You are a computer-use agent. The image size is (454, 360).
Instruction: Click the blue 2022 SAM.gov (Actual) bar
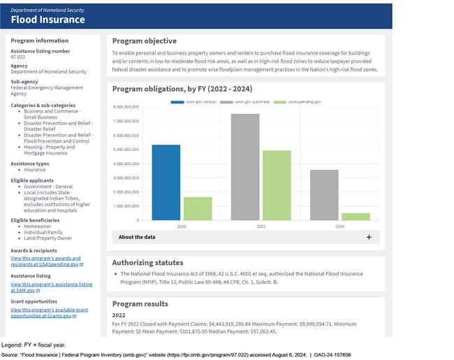coord(166,182)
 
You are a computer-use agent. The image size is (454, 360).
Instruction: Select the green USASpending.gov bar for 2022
coord(198,208)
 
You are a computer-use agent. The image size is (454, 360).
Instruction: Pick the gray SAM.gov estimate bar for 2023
coord(245,167)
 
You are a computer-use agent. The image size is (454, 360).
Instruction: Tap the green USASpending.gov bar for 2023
coord(277,185)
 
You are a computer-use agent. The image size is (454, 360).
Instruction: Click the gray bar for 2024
coord(324,195)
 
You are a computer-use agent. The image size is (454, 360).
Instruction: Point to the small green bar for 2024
coord(356,217)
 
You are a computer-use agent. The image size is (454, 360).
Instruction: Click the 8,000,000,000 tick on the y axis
coord(126,107)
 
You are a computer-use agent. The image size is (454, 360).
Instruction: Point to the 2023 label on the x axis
coord(261,226)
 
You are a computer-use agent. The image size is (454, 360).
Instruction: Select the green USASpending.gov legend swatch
coord(279,102)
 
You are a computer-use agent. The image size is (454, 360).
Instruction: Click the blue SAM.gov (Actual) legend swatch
coord(178,102)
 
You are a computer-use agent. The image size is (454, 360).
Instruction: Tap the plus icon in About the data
coord(369,237)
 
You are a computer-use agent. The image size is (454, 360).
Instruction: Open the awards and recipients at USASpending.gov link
coord(45,261)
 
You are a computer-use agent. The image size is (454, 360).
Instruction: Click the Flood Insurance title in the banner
coord(47,19)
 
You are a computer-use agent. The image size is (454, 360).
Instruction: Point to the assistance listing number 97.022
coord(19,57)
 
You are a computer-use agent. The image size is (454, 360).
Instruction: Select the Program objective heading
coord(144,41)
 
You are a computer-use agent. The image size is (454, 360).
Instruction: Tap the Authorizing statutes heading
coord(147,262)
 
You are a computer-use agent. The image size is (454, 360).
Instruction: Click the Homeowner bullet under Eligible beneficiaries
coord(38,226)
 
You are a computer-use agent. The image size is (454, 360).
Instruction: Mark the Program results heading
coord(140,303)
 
